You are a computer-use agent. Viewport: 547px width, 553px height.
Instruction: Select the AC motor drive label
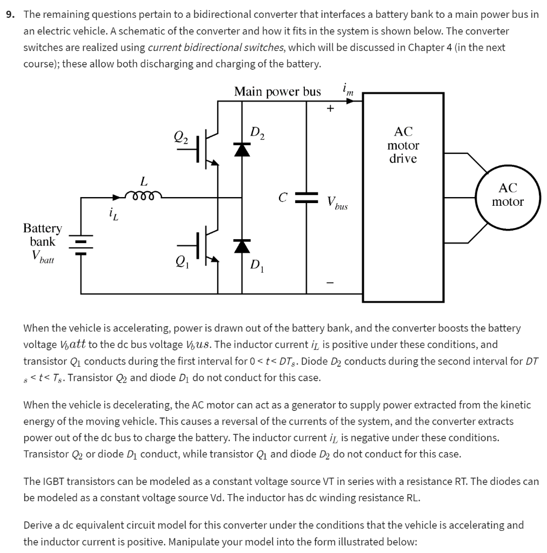coord(403,145)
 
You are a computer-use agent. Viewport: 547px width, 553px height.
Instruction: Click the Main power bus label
coord(277,92)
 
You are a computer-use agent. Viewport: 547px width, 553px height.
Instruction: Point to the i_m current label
coord(348,90)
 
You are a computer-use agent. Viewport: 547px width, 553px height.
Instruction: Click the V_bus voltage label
coord(337,203)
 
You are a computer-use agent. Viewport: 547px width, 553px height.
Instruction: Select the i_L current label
coord(111,216)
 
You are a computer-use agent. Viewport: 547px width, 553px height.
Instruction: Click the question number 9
coord(10,15)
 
